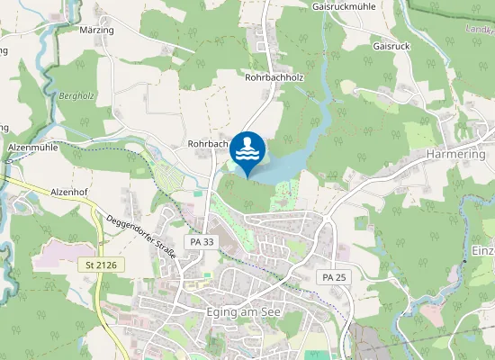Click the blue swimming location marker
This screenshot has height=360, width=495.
pos(247,151)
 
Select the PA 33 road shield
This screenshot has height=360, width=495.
pos(202,242)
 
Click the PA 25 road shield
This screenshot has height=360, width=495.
pos(334,277)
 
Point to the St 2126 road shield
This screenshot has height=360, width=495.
pos(102,265)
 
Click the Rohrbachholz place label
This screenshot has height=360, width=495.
pos(275,78)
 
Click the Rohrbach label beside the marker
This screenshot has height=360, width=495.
pos(207,143)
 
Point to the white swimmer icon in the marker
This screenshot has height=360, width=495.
pos(247,147)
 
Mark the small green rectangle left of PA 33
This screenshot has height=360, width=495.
pos(197,192)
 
